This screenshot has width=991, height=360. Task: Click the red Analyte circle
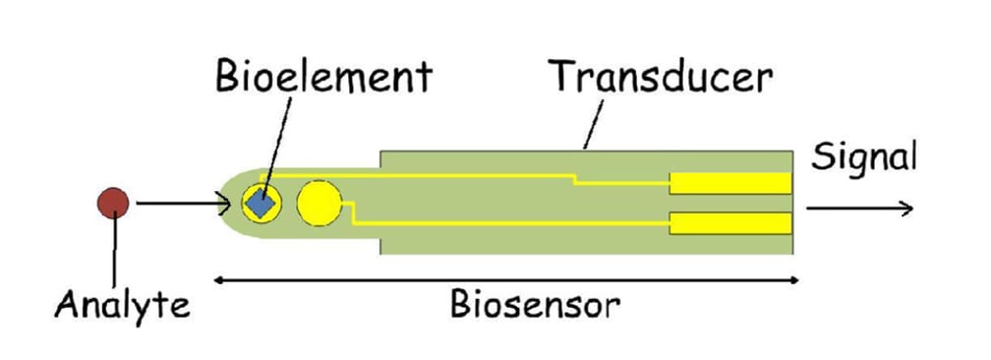(x=114, y=204)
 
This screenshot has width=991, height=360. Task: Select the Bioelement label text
(x=324, y=77)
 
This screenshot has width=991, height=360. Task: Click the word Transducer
(x=661, y=76)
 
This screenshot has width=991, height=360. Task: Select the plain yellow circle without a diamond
(x=319, y=205)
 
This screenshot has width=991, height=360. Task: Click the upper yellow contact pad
(x=730, y=183)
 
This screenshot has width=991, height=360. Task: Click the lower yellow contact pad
(x=730, y=223)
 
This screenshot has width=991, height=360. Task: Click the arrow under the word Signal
(x=860, y=209)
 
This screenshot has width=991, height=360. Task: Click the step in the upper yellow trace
(x=575, y=179)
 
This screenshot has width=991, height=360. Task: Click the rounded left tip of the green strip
(x=228, y=204)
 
